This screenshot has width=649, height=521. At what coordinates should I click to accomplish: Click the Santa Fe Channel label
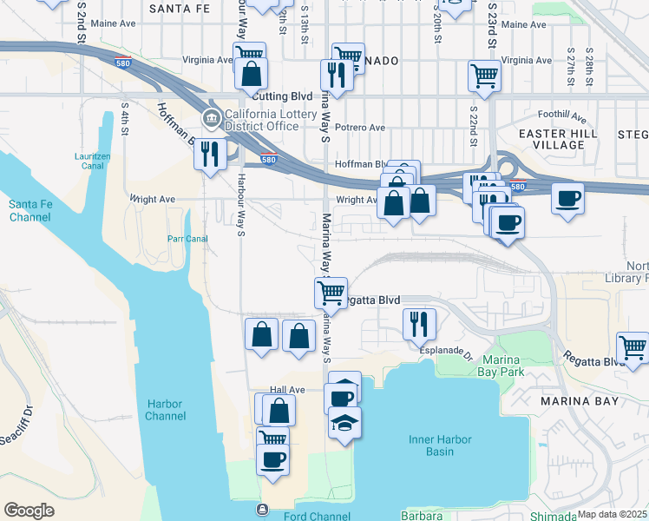29,209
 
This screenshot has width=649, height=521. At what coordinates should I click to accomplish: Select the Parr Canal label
187,238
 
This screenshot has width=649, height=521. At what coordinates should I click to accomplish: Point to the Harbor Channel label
166,410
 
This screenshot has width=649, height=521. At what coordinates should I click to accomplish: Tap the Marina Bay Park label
501,366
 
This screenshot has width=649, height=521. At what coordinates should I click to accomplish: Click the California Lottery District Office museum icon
211,118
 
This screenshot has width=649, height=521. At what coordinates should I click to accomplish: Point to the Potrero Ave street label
363,128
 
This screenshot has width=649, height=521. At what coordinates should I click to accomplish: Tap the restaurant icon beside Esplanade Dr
419,324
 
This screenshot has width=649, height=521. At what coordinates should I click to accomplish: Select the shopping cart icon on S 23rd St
484,75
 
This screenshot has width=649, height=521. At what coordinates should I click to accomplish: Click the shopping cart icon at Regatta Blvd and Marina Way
331,293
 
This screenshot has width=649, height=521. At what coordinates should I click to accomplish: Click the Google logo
29,511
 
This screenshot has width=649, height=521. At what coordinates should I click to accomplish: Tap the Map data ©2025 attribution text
612,514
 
